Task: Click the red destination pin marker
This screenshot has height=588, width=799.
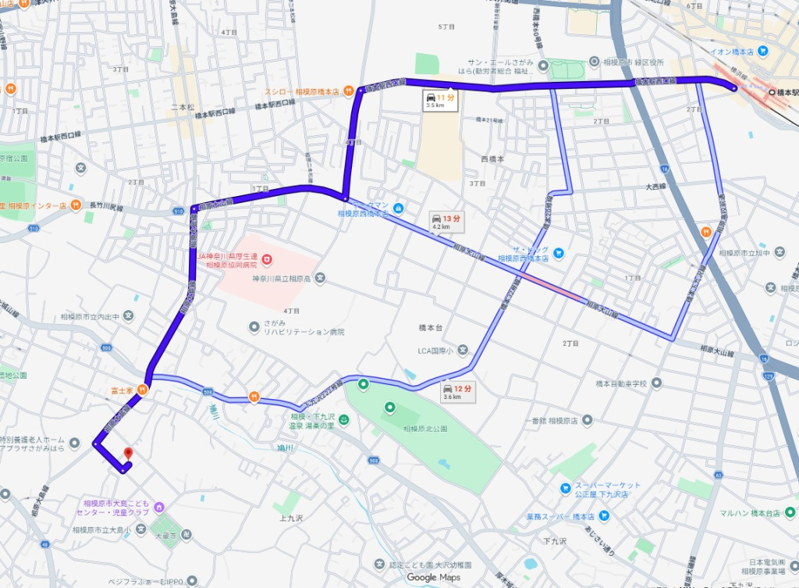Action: (x=127, y=453)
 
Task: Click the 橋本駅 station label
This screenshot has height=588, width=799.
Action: (x=784, y=92)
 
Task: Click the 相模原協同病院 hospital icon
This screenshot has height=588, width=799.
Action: (x=266, y=258)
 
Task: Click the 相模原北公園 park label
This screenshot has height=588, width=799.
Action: (x=425, y=429)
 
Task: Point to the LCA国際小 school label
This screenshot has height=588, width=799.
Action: (x=437, y=349)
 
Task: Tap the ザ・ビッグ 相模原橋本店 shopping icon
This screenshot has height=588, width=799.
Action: (x=559, y=251)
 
